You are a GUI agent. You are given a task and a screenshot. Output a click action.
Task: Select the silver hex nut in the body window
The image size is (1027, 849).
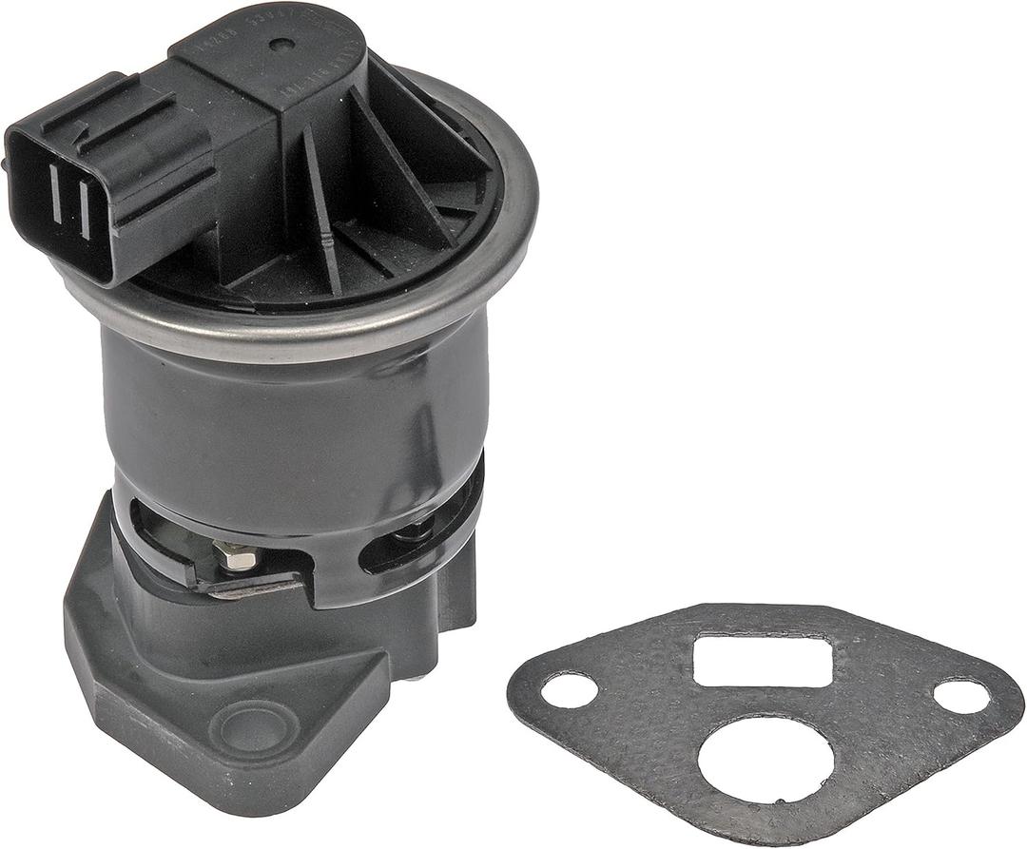tap(234, 554)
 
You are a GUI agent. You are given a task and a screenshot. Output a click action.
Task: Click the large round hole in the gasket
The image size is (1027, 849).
tap(765, 757)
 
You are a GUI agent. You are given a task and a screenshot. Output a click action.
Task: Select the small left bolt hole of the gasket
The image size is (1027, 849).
tap(570, 690)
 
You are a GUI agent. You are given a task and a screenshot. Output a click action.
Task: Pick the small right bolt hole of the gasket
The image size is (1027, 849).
tap(960, 696)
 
